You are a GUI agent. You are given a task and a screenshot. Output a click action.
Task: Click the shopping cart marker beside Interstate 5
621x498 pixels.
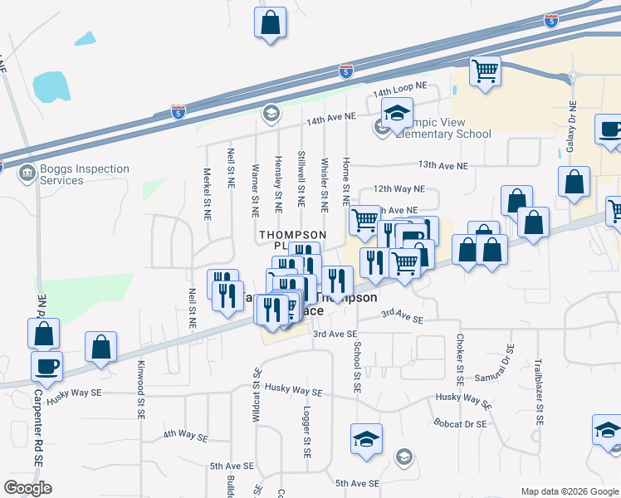click(x=485, y=70)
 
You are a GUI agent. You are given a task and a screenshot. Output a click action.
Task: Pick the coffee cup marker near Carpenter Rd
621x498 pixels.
click(x=46, y=365)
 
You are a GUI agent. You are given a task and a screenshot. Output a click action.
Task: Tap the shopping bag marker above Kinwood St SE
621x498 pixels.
click(x=100, y=348)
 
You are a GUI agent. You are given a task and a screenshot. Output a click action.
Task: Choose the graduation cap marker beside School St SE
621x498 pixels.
click(x=366, y=438)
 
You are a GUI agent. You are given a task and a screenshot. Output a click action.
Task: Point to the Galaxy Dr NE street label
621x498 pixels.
click(x=572, y=126)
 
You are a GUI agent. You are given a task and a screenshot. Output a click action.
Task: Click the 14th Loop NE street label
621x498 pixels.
click(x=399, y=86)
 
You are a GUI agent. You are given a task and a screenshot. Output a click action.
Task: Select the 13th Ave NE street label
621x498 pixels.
click(x=443, y=165)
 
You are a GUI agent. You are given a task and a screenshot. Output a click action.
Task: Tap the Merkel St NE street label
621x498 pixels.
click(x=207, y=194)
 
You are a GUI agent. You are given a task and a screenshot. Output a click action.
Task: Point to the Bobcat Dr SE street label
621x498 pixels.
click(x=459, y=423)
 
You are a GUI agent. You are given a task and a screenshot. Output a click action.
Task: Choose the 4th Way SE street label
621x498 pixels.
click(x=185, y=435)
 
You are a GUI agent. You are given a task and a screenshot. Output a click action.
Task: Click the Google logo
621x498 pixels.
click(x=28, y=488)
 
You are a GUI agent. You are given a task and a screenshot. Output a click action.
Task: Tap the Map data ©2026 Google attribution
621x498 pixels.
click(x=569, y=491)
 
